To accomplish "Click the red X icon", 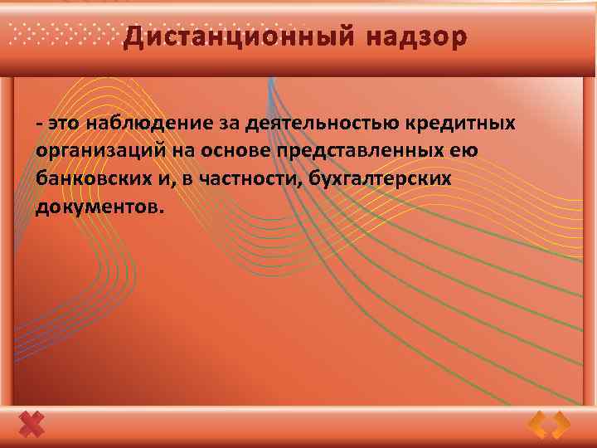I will [x=32, y=425].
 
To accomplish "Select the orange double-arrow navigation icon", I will [x=549, y=425].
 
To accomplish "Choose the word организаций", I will [x=91, y=152].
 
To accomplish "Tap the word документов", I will [x=95, y=206].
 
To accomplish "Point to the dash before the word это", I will [x=39, y=124].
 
